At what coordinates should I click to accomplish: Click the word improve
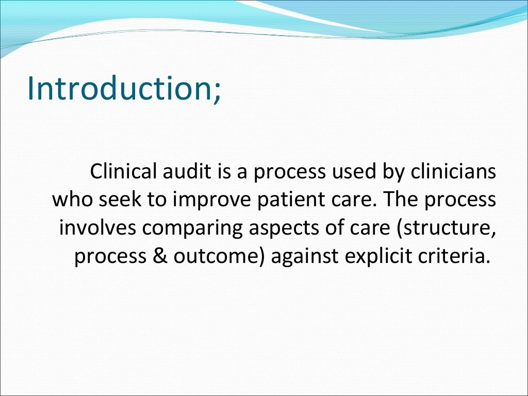click(204, 201)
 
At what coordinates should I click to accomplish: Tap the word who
click(70, 200)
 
